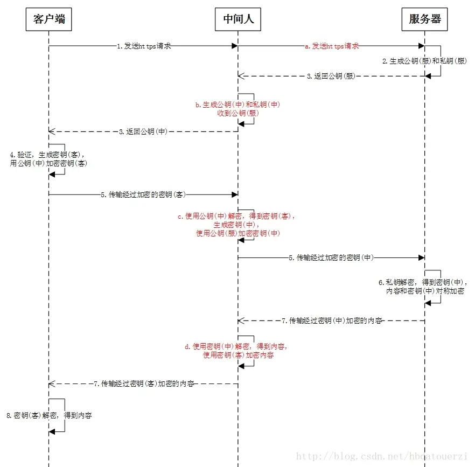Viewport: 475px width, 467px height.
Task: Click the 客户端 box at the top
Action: (48, 19)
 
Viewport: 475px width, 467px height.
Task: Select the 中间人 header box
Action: (238, 19)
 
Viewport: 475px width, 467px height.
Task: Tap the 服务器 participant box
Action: (425, 19)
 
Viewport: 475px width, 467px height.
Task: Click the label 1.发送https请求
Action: (144, 46)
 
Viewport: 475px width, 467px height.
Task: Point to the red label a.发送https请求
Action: (332, 46)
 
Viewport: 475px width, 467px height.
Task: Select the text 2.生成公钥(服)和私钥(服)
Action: (424, 61)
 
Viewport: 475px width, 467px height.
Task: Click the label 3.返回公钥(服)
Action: (331, 76)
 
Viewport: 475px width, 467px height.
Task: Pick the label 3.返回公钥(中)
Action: (143, 131)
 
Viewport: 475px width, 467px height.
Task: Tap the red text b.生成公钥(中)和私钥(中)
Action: (237, 104)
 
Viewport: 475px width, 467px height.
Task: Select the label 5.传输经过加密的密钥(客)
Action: (143, 195)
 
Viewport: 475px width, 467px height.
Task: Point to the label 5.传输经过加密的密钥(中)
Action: (331, 257)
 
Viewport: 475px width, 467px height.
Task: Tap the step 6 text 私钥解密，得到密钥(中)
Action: (423, 282)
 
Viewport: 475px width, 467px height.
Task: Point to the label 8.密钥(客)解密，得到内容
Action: (49, 415)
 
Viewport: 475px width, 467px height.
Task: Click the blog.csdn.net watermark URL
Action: (383, 457)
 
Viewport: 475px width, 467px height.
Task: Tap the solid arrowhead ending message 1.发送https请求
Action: (234, 46)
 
